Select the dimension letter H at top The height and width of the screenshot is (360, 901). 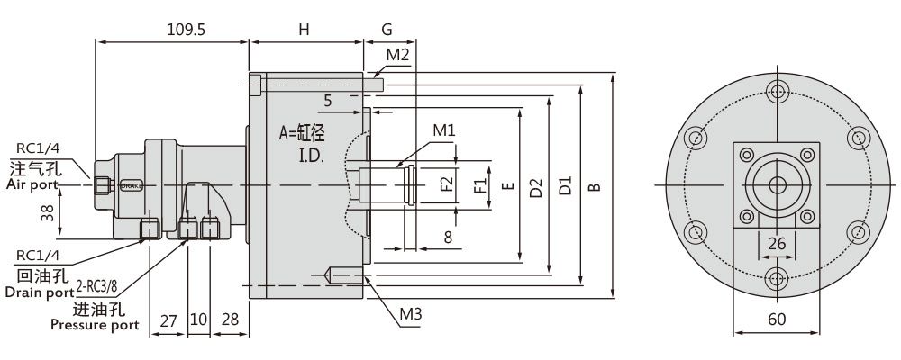point(305,29)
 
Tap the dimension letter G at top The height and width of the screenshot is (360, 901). point(387,29)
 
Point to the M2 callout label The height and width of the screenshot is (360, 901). point(398,55)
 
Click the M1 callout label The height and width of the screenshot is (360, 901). point(443,130)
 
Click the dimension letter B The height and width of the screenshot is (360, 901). point(594,187)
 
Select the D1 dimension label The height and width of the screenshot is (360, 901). point(565,187)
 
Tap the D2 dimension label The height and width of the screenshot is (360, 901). point(536,187)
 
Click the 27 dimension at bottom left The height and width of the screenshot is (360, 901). point(168,320)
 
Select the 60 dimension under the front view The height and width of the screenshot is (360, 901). point(776,319)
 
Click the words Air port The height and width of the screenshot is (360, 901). point(31,184)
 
